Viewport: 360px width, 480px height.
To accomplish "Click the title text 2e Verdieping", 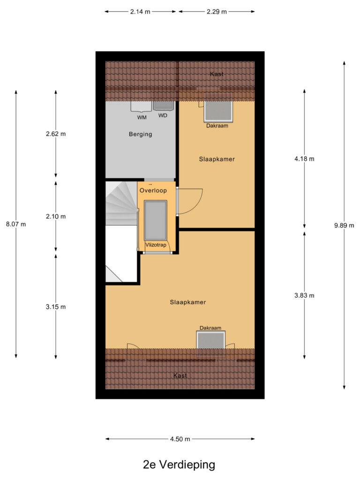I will click(x=179, y=465).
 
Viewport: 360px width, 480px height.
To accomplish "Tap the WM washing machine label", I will click(x=142, y=117).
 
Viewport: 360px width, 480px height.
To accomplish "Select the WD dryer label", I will click(x=163, y=115).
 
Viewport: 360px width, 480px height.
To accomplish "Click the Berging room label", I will click(x=141, y=135).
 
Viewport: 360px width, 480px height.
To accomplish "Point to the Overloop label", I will click(x=153, y=191).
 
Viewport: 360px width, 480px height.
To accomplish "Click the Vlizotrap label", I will click(x=155, y=245).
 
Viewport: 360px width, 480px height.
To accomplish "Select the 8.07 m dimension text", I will click(x=16, y=224).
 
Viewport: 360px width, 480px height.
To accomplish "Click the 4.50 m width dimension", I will click(x=180, y=439).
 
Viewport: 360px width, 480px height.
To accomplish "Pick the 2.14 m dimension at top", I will click(x=140, y=12).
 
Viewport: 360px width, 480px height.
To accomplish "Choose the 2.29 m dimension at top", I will click(x=217, y=12).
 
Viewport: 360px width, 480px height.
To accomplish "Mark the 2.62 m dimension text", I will click(x=56, y=134).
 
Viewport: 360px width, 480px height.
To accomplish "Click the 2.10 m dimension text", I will click(x=56, y=217).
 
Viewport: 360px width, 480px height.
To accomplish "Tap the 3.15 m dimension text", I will click(x=56, y=307).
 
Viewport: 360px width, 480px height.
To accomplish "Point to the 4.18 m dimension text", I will click(x=304, y=159).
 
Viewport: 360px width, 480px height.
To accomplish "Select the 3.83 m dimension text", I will click(x=304, y=295).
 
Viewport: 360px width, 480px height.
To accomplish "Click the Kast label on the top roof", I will click(x=217, y=74).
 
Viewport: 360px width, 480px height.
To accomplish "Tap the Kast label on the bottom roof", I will click(x=180, y=375).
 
